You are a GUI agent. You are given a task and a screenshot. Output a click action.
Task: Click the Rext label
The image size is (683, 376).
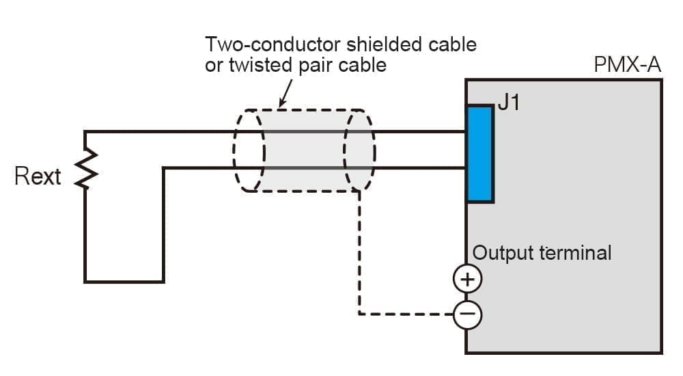[38, 176]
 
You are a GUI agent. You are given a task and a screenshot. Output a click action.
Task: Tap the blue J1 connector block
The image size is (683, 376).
[480, 154]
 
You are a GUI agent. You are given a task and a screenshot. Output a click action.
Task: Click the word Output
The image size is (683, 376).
[503, 253]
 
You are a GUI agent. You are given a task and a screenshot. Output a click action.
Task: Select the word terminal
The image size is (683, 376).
[576, 253]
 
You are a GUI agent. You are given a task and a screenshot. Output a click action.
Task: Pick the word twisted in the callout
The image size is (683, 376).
[260, 65]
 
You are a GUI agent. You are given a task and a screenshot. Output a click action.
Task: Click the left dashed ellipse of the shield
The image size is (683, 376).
[249, 150]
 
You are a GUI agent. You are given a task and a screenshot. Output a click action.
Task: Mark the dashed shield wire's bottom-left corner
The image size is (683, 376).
[360, 314]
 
